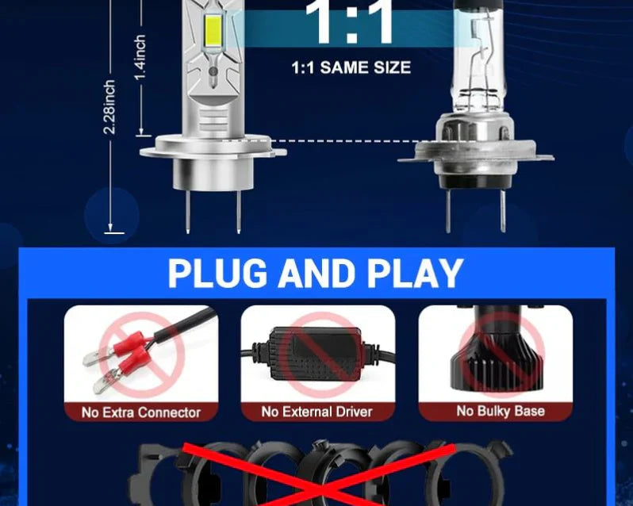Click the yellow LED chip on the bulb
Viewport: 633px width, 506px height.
(214, 31)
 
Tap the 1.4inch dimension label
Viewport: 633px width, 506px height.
(140, 57)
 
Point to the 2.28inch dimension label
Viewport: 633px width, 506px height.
(109, 107)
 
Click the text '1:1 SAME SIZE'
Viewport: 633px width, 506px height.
(351, 67)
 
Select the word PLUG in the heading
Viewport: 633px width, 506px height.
(217, 273)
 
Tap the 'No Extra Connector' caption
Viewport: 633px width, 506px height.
(141, 412)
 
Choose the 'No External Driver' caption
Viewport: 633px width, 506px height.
(317, 412)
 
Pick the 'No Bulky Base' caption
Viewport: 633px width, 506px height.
(501, 411)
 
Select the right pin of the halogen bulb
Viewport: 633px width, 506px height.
(503, 211)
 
